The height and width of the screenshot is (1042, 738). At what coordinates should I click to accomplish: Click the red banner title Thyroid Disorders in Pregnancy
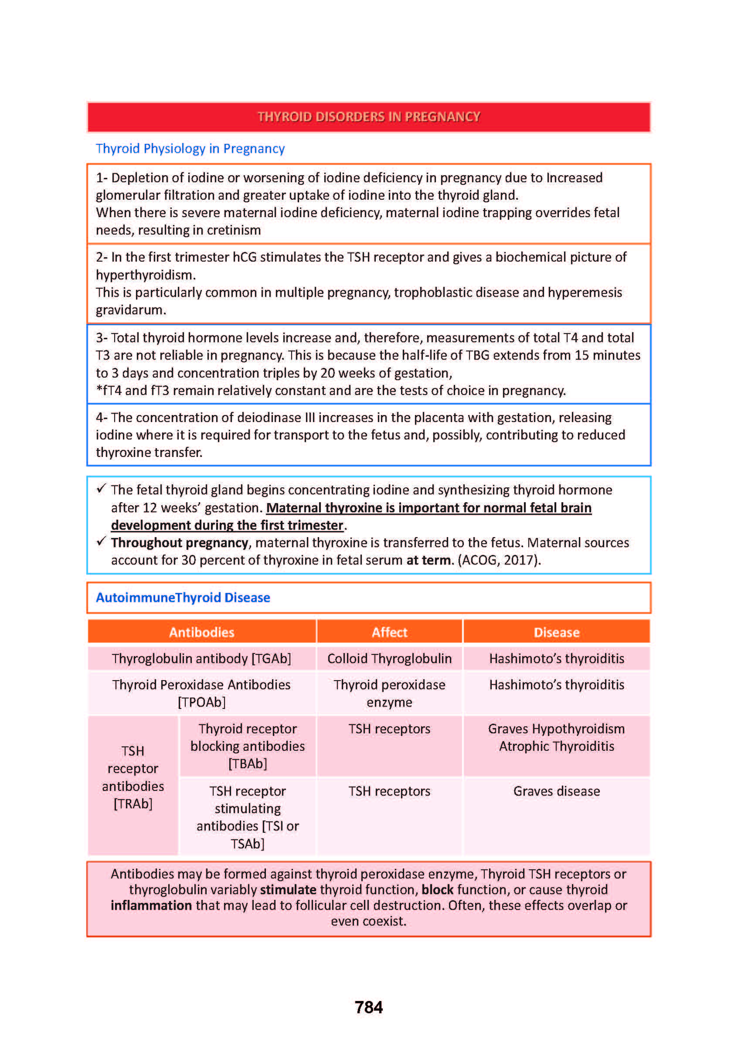point(368,117)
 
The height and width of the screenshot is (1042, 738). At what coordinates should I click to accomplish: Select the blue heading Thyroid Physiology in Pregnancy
point(190,149)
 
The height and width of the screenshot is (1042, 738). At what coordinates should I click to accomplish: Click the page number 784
point(368,1008)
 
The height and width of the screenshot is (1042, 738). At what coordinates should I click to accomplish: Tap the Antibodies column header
point(201,632)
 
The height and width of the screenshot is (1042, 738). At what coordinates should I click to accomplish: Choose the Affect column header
point(389,632)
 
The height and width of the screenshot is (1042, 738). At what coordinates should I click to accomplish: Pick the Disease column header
point(556,632)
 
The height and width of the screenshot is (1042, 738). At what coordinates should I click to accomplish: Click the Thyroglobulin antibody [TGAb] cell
point(201,658)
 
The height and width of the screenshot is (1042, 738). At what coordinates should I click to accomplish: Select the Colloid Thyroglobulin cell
point(389,658)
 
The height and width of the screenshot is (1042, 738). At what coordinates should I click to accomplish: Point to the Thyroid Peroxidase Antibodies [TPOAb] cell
point(201,694)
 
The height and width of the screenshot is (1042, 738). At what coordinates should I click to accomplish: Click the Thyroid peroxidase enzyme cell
point(389,694)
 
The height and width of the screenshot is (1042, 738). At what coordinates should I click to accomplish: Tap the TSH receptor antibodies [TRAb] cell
point(133,777)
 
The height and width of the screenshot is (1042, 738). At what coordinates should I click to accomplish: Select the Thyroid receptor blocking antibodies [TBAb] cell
point(248,746)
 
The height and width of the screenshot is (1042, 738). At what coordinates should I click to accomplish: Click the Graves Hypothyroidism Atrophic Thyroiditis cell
point(556,738)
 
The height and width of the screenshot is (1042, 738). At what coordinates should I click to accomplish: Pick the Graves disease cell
point(556,791)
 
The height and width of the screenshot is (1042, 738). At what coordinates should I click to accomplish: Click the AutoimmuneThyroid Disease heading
point(183,598)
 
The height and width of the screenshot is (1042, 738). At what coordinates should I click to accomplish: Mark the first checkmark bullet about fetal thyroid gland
point(101,489)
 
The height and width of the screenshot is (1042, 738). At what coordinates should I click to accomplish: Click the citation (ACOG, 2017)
point(499,560)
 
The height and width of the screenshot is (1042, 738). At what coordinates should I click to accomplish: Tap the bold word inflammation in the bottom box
point(151,905)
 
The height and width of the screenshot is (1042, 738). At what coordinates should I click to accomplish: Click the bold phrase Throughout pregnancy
point(180,543)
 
